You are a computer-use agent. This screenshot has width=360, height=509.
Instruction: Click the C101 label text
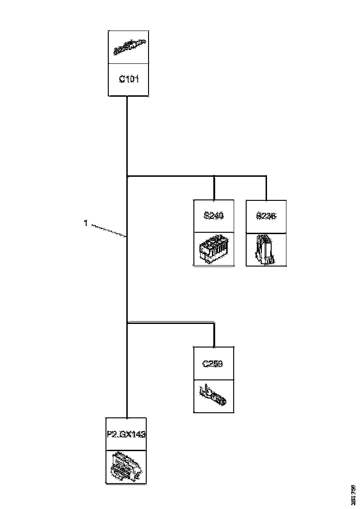pyautogui.click(x=129, y=79)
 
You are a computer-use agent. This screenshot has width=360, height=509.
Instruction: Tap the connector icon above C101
pyautogui.click(x=129, y=47)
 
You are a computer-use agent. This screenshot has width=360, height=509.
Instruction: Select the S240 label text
pyautogui.click(x=213, y=216)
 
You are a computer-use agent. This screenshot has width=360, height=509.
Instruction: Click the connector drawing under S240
pyautogui.click(x=213, y=249)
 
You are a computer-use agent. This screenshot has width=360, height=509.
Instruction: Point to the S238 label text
pyautogui.click(x=266, y=216)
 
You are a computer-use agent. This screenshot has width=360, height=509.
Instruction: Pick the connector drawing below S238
pyautogui.click(x=266, y=249)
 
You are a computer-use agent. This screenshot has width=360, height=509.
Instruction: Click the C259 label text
pyautogui.click(x=213, y=364)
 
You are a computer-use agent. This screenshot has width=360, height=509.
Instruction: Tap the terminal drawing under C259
pyautogui.click(x=213, y=396)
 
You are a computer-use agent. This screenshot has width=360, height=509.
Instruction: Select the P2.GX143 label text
pyautogui.click(x=126, y=435)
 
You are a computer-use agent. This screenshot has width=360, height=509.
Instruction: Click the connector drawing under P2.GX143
pyautogui.click(x=126, y=467)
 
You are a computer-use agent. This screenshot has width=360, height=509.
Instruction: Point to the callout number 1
pyautogui.click(x=86, y=223)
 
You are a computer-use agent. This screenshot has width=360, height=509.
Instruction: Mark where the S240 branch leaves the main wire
pyautogui.click(x=127, y=176)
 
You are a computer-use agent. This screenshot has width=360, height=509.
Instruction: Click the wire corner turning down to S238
pyautogui.click(x=266, y=176)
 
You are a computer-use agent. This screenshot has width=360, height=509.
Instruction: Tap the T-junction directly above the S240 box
pyautogui.click(x=214, y=176)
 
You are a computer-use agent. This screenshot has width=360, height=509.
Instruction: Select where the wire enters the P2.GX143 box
pyautogui.click(x=127, y=418)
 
